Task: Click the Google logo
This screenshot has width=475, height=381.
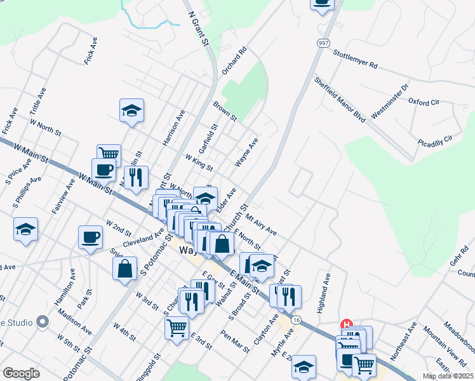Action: pyautogui.click(x=21, y=373)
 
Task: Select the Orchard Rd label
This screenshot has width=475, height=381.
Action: pyautogui.click(x=234, y=61)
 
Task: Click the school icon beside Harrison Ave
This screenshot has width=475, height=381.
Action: pyautogui.click(x=131, y=110)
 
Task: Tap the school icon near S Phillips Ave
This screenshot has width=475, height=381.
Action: pyautogui.click(x=25, y=229)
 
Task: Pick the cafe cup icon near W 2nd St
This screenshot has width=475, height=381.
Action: pyautogui.click(x=90, y=237)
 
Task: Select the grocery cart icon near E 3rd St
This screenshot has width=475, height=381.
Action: pyautogui.click(x=177, y=328)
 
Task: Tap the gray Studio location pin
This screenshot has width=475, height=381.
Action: pyautogui.click(x=43, y=322)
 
